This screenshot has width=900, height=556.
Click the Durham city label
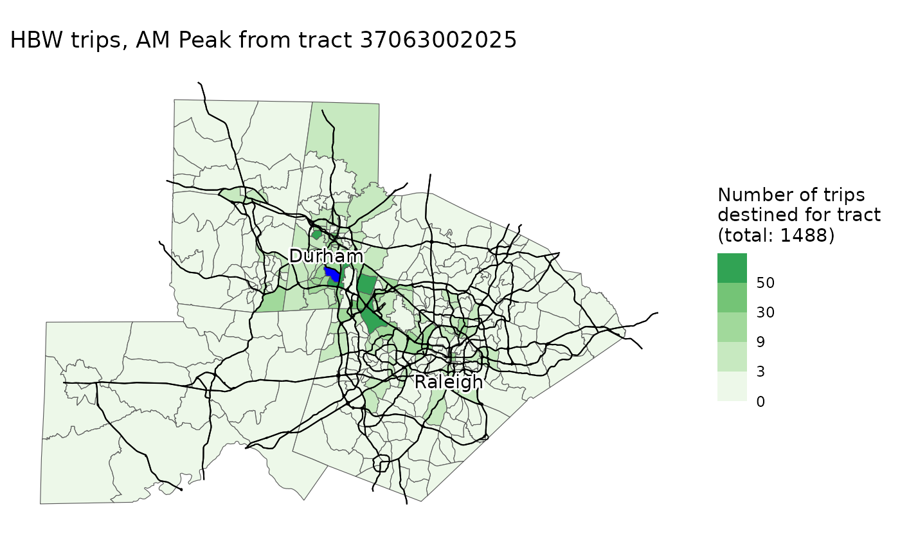point(326,256)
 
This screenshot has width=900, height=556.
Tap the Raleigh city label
point(448,382)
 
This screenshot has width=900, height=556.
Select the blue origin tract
point(332,275)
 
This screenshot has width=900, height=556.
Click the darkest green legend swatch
point(732,268)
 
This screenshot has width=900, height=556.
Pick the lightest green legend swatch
point(732,386)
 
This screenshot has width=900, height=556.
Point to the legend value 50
point(766,283)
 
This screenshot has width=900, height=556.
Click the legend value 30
point(766,312)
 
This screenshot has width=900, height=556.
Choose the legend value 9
point(760,342)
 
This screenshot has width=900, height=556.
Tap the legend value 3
point(760,372)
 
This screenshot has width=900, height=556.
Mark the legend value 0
point(760,402)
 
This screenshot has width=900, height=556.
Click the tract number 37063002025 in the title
point(438,40)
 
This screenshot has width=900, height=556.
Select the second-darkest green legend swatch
point(732,298)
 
